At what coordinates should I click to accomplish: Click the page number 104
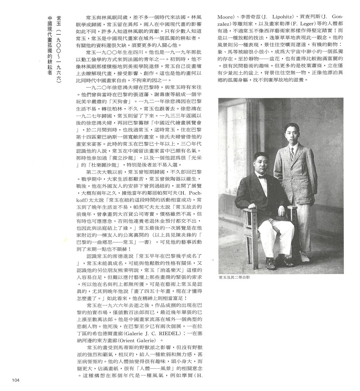pyautogui.click(x=15, y=380)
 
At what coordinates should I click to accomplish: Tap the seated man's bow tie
pyautogui.click(x=262, y=176)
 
